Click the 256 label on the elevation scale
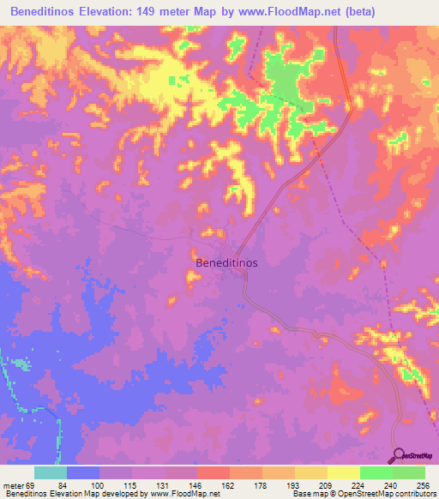(x=425, y=484)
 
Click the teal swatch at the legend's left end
(x=51, y=472)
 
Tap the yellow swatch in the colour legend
(x=344, y=472)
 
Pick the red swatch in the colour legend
(x=213, y=472)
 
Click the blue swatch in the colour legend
(x=83, y=472)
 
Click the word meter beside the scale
(x=12, y=484)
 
